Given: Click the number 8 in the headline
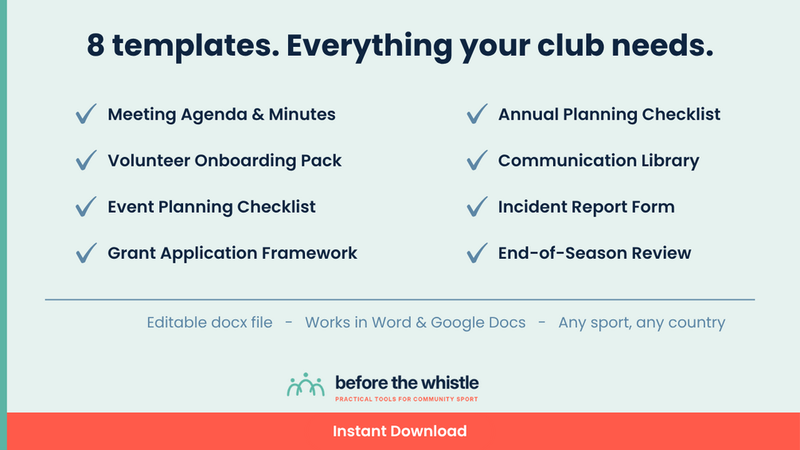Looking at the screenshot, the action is (x=96, y=45).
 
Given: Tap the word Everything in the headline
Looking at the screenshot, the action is (x=369, y=47).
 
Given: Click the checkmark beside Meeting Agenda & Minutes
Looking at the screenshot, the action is (x=86, y=113).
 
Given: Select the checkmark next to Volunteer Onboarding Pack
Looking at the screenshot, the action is (x=86, y=160).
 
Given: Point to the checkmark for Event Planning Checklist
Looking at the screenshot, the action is (x=86, y=206).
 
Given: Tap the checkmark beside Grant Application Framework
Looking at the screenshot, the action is (x=86, y=252).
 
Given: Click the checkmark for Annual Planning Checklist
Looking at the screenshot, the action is (x=477, y=113).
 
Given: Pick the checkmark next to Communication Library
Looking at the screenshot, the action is (x=477, y=160).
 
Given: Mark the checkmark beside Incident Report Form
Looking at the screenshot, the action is (x=477, y=206).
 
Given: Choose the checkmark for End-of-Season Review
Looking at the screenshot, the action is (x=477, y=252).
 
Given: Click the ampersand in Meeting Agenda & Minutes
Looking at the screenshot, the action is (x=258, y=114).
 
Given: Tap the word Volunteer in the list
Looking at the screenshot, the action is (x=149, y=161).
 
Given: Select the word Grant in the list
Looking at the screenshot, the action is (x=131, y=253).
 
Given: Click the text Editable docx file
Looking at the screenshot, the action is (x=209, y=323).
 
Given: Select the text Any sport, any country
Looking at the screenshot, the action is (x=642, y=323).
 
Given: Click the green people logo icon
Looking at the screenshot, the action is (x=306, y=385).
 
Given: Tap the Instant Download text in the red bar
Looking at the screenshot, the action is (x=400, y=431).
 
